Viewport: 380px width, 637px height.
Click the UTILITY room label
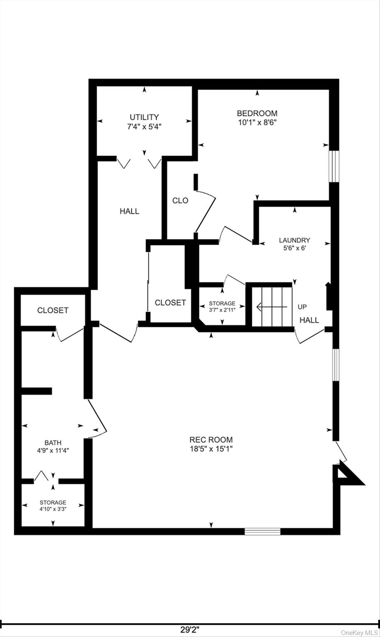[x=144, y=117]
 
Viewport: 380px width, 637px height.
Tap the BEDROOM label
[x=257, y=114]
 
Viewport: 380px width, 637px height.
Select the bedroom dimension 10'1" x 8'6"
[x=257, y=123]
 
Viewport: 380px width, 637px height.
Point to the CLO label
[x=180, y=200]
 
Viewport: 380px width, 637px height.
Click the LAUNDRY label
[x=295, y=240]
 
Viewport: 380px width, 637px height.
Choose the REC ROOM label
[x=211, y=440]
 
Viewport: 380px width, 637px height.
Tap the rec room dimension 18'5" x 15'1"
[x=211, y=449]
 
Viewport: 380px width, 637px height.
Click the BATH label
[x=53, y=443]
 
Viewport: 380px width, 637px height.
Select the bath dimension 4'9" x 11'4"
[x=53, y=450]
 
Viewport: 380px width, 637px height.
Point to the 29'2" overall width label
[x=190, y=630]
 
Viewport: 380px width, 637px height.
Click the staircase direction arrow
[x=272, y=307]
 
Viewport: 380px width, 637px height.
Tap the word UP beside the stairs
[x=302, y=307]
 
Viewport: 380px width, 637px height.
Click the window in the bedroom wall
[x=334, y=166]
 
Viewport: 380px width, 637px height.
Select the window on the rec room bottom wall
[x=263, y=532]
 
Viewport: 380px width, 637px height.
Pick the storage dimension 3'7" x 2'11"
[x=222, y=310]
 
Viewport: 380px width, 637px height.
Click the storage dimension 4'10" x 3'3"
[x=53, y=509]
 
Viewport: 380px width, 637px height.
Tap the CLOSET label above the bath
[x=53, y=310]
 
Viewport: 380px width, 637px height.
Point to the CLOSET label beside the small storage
[x=171, y=303]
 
